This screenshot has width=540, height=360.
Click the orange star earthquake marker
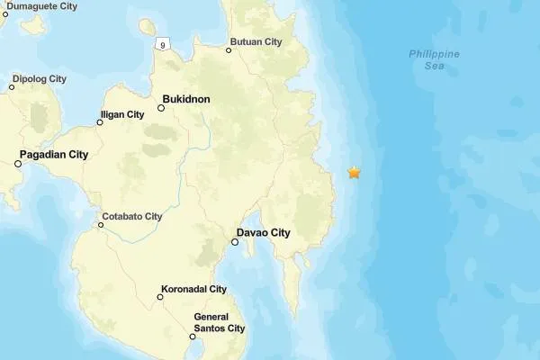[x=355, y=172]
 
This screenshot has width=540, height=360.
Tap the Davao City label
[x=266, y=233]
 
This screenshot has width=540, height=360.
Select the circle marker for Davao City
[x=235, y=242]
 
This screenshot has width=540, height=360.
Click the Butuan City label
[x=256, y=41]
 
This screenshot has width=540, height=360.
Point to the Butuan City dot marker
[x=229, y=49]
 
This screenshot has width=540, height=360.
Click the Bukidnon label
[x=186, y=99]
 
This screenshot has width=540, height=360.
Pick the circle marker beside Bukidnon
[x=161, y=108]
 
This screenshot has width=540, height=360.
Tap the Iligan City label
[x=123, y=114]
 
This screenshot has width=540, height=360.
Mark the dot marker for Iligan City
[x=100, y=122]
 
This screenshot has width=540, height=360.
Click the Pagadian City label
[x=55, y=155]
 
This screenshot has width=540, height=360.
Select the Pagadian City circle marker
[x=18, y=164]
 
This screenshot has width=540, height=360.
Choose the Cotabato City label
[x=132, y=216]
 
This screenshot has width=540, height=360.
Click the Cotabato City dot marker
[x=101, y=225]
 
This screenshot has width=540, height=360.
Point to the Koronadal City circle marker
[x=160, y=297]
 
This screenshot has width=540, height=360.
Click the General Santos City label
[x=220, y=322]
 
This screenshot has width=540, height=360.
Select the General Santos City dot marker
[x=193, y=337]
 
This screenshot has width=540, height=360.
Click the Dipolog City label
[x=39, y=78]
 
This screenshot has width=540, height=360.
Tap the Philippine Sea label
[x=434, y=59]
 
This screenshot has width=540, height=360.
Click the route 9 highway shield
[x=162, y=44]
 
